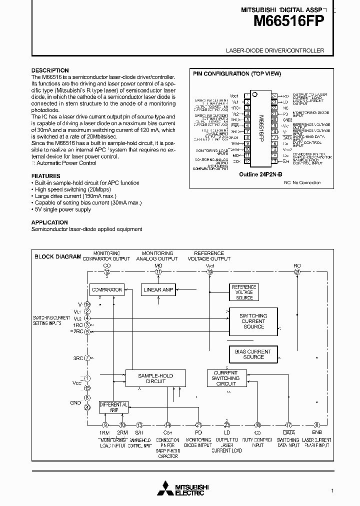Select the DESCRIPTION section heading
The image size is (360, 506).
coord(50,70)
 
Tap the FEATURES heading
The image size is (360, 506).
coord(46,176)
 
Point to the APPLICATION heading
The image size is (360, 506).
coord(50,222)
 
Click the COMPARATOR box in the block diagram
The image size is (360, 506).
coord(107,289)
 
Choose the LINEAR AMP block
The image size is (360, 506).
coord(158,289)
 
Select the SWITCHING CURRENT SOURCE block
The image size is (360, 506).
coord(253,321)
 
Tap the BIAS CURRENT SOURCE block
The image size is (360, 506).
coord(253,354)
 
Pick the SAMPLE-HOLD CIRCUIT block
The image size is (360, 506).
coord(148,377)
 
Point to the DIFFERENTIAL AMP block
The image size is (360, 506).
coord(113,406)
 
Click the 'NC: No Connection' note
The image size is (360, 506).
coord(302,183)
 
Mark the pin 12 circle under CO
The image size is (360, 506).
coord(107,272)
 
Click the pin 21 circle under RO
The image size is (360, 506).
coord(297,272)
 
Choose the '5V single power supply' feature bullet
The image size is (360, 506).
coord(62,209)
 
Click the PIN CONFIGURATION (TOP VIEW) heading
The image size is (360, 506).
coord(237,73)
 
